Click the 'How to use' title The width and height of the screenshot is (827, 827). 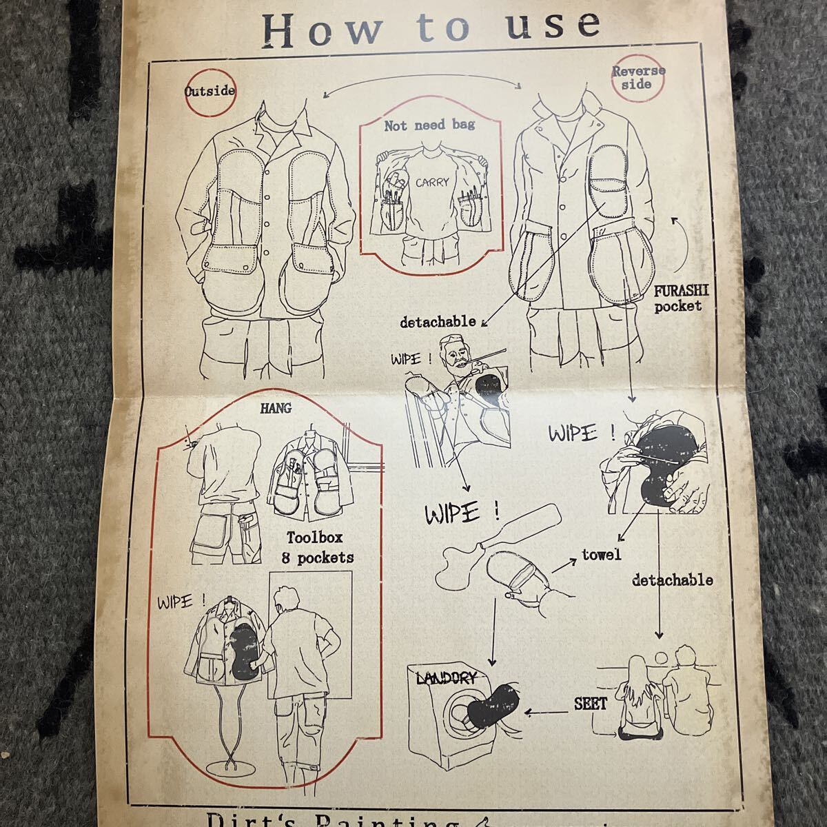coord(433,27)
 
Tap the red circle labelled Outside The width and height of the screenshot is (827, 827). coord(210,90)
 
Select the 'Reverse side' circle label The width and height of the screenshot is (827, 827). coord(638,76)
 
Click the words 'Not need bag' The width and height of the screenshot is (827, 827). coord(429,125)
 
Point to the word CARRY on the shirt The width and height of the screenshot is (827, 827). coord(431,183)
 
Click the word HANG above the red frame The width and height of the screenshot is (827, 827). coord(275,408)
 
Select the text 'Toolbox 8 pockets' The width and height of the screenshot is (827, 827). coord(316,547)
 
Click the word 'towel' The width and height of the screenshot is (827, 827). coord(601,553)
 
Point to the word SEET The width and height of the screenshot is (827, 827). coord(591,704)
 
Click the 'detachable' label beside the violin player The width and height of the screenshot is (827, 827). coord(438,321)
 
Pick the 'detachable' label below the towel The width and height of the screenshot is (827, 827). coord(672,580)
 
